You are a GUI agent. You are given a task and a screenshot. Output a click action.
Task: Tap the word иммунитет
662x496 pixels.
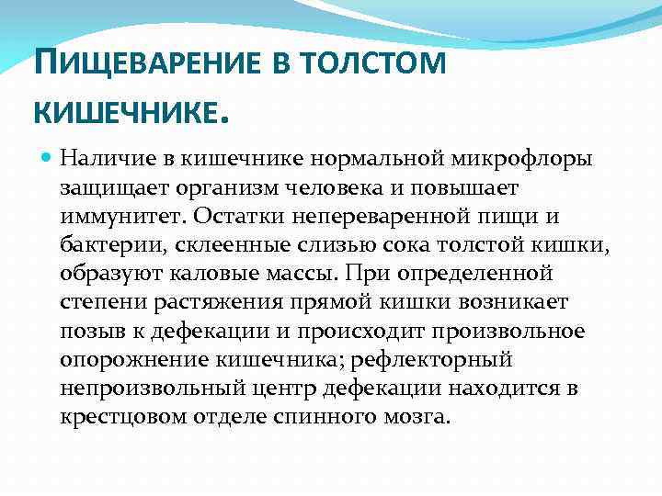point(118,217)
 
